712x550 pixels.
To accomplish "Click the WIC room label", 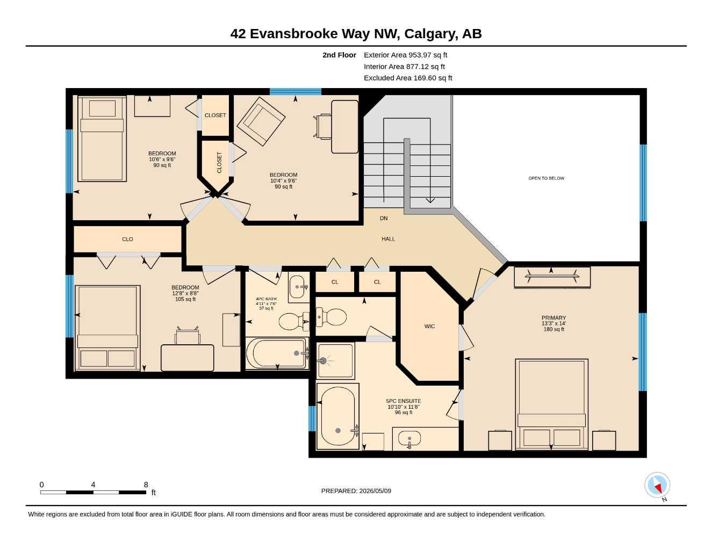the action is [429, 326].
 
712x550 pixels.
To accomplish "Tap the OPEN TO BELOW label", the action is [546, 178].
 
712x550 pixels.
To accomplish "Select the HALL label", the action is [388, 238].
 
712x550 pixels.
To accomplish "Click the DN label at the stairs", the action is [384, 218].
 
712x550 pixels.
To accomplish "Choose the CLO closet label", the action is [127, 240].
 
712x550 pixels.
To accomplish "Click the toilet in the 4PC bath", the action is [293, 322].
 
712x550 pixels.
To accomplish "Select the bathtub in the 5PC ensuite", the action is [338, 416].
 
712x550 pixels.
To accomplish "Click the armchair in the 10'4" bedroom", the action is [261, 121].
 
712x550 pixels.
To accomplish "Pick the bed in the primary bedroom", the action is [551, 404].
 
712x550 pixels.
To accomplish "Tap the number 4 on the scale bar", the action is [93, 484].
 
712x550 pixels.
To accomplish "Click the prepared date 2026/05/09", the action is [375, 491].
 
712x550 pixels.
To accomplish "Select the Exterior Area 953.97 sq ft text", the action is [405, 55].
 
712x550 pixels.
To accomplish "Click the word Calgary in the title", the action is [431, 34].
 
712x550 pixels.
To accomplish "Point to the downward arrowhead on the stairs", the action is [430, 200].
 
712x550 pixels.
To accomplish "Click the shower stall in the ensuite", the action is [335, 360].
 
